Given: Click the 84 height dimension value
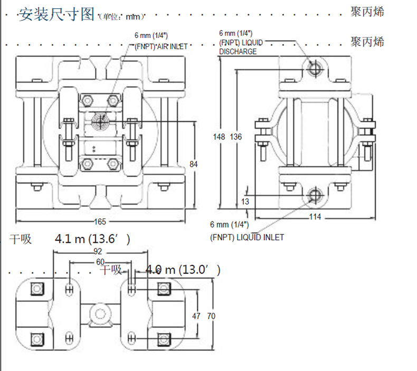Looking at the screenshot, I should pos(194,165).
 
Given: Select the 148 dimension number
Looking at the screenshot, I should pos(219,137).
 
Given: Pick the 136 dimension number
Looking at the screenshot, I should pos(236,137).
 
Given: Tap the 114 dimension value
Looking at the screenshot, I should pos(315,216).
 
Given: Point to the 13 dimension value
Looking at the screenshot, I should pos(245,202).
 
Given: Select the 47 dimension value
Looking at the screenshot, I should pos(196,316).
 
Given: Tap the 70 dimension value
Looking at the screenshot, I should pos(211,316).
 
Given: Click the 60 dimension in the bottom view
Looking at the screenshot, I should pos(100,262).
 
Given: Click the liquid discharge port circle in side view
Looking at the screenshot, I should pos(314,69).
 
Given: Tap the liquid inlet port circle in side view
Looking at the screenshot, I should pos(314,196).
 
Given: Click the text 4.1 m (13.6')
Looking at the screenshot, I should pos(92,239).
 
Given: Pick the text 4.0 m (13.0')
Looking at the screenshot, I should pos(183,270).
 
